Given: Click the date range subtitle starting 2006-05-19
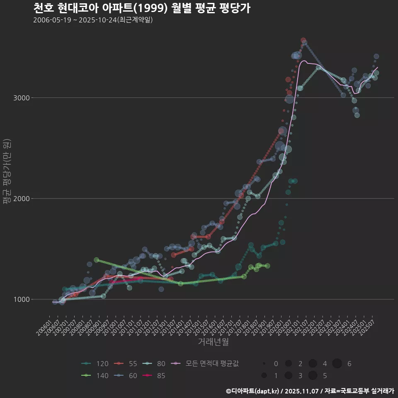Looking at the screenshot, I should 93,20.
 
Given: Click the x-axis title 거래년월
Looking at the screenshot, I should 213,342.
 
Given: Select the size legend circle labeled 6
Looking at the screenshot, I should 337,364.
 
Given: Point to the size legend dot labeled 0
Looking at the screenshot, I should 264,364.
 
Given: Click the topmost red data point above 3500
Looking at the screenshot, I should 303,40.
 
